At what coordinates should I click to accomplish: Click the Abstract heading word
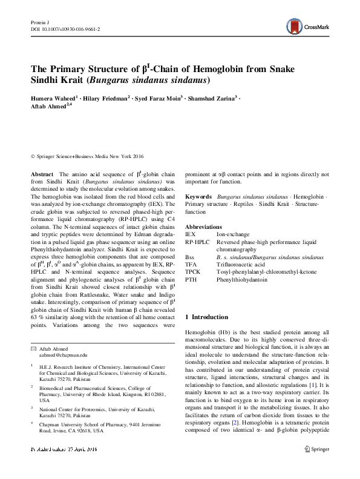[42, 174]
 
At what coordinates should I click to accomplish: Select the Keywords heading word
[198, 197]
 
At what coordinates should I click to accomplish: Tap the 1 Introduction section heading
[206, 317]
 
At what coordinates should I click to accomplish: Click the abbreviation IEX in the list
[190, 233]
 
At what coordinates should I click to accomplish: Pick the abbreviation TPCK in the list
[192, 273]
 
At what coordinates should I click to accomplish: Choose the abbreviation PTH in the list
[191, 280]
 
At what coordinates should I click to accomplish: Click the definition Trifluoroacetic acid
[241, 265]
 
